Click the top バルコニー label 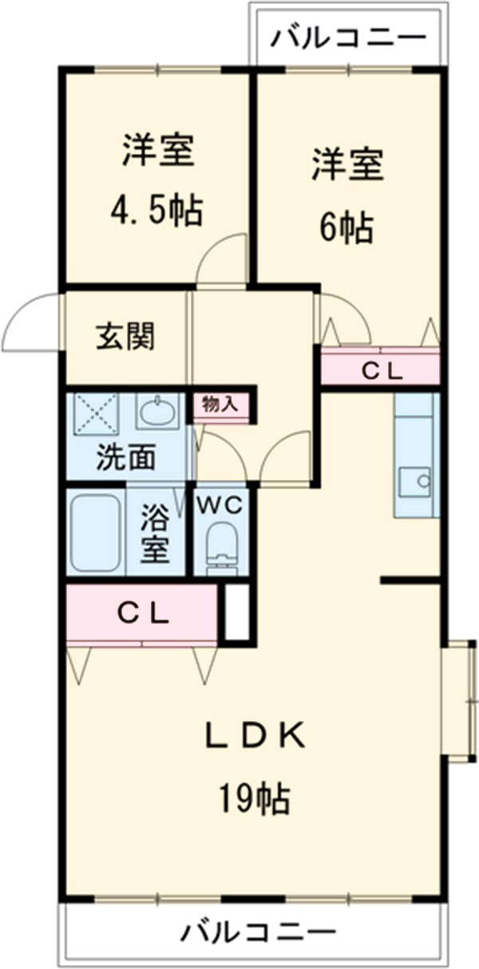point(347,37)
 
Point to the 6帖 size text point(346,229)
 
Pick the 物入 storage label point(220,404)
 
